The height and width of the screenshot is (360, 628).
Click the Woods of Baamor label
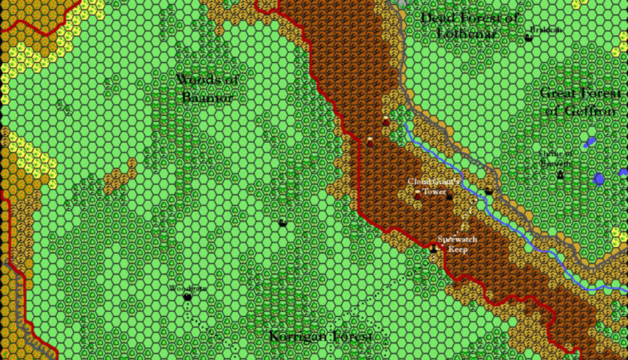pyautogui.click(x=207, y=89)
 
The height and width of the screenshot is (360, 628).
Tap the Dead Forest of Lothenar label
pyautogui.click(x=470, y=25)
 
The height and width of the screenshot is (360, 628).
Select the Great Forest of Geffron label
pyautogui.click(x=580, y=102)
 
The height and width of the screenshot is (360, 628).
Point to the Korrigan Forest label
pyautogui.click(x=321, y=336)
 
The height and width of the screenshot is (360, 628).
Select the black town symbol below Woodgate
pyautogui.click(x=187, y=297)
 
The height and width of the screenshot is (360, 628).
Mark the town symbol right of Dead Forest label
pyautogui.click(x=528, y=37)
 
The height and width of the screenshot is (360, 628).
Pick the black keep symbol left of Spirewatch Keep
pyautogui.click(x=434, y=249)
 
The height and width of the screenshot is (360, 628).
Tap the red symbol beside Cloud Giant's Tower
pyautogui.click(x=418, y=195)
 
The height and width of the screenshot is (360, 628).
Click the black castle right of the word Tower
pyautogui.click(x=449, y=197)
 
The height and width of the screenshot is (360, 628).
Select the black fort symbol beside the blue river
pyautogui.click(x=489, y=191)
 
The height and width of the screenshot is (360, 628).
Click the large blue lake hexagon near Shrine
pyautogui.click(x=598, y=179)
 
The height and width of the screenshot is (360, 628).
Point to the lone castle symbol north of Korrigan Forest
pyautogui.click(x=282, y=222)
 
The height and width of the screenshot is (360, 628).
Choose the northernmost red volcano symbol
pyautogui.click(x=385, y=121)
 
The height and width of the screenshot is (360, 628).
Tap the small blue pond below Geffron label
pyautogui.click(x=590, y=143)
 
